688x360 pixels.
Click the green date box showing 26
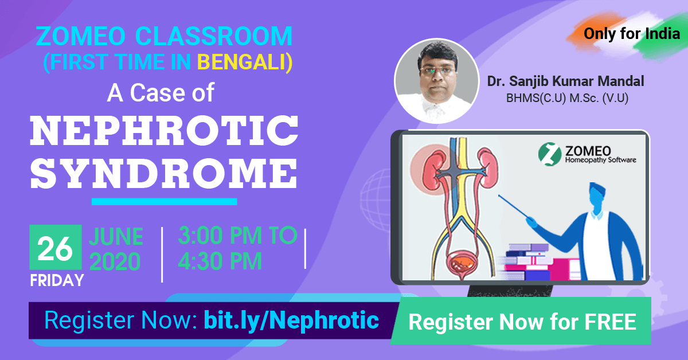pyautogui.click(x=55, y=248)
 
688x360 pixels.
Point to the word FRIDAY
pyautogui.click(x=57, y=280)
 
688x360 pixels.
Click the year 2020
pyautogui.click(x=115, y=261)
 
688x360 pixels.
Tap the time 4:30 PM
pyautogui.click(x=220, y=261)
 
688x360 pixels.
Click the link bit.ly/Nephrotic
pyautogui.click(x=291, y=320)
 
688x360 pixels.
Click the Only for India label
pyautogui.click(x=631, y=34)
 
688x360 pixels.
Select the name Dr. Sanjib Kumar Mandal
pyautogui.click(x=565, y=81)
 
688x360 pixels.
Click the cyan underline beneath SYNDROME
pyautogui.click(x=164, y=201)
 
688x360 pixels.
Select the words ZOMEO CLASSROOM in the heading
pyautogui.click(x=164, y=37)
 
